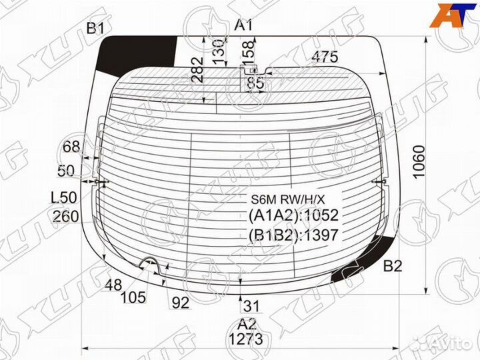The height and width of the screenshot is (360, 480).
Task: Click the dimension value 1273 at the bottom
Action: click(246, 339)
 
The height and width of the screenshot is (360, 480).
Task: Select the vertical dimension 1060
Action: click(419, 161)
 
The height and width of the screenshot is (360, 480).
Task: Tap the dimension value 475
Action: click(325, 57)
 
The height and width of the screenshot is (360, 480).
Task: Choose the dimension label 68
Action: click(71, 147)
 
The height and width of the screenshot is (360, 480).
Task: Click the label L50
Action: click(64, 198)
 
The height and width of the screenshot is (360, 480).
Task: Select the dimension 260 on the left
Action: click(66, 217)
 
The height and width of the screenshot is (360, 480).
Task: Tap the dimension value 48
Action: click(113, 285)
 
